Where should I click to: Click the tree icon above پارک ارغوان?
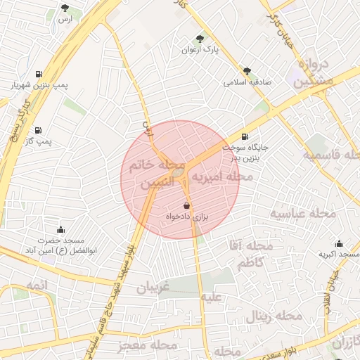click(202, 39)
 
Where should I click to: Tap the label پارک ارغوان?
click(202, 51)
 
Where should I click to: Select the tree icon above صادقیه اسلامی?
click(247, 70)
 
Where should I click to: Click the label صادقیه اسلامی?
click(247, 82)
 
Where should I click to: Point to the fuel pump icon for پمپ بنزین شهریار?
click(38, 73)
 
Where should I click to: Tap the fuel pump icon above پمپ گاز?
click(38, 129)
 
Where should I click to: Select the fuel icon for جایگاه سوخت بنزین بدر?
click(245, 136)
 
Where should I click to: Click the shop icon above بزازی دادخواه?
click(186, 205)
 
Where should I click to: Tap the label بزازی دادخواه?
click(186, 217)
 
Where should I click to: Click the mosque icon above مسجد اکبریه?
click(340, 243)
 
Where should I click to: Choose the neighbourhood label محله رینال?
click(274, 316)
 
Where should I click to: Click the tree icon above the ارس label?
click(65, 8)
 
